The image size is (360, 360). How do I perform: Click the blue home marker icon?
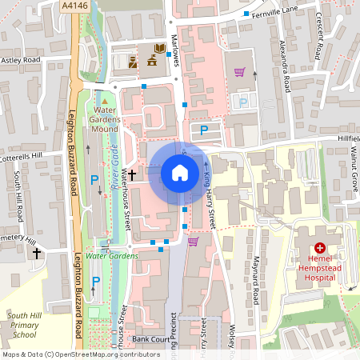click(180, 172)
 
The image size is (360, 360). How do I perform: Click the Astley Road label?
click(21, 59)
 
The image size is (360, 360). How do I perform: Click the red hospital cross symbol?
click(319, 249)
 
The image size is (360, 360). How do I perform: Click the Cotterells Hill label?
click(31, 156)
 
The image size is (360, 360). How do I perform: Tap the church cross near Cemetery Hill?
click(36, 253)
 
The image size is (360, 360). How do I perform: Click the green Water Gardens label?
click(111, 256)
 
